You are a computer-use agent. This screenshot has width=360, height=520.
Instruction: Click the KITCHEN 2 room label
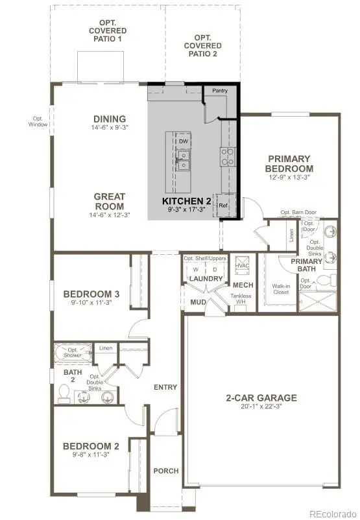[x=186, y=201]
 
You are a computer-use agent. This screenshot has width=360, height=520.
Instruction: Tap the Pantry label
[x=221, y=91]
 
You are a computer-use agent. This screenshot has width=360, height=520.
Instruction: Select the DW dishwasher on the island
[x=184, y=141]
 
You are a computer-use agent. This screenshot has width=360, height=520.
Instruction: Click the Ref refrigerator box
[x=223, y=205]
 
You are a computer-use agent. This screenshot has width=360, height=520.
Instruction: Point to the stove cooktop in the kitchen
[x=228, y=156]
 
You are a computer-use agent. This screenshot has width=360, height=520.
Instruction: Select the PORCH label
[x=165, y=471]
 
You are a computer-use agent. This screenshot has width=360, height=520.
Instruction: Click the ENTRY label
[x=165, y=387]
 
